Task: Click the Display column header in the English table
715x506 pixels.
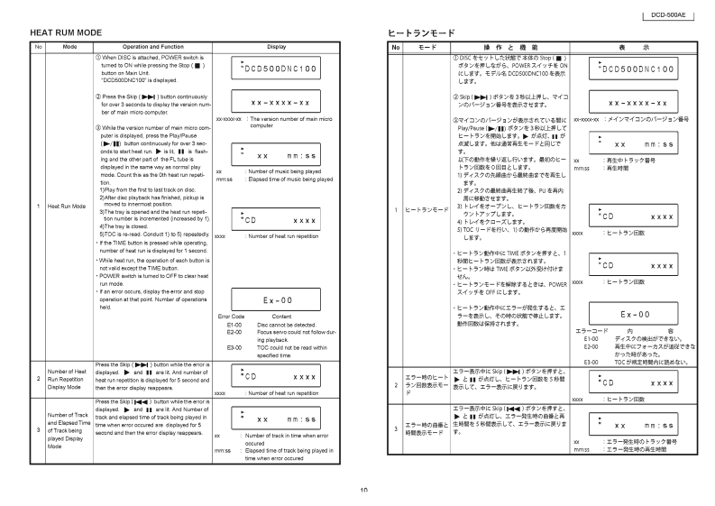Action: tap(277, 46)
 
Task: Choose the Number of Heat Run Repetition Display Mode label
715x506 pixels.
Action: tap(69, 377)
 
